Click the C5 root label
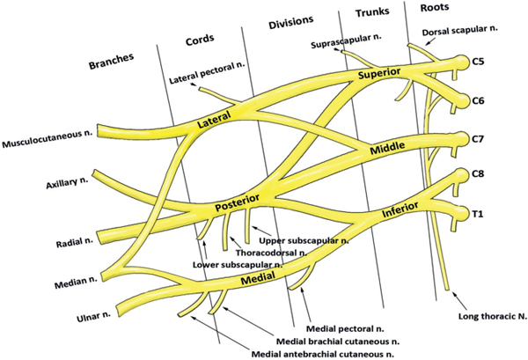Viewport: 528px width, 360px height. [479, 62]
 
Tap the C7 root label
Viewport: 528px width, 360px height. [479, 138]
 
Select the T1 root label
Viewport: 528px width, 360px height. [479, 214]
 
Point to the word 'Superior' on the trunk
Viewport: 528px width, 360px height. [379, 76]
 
